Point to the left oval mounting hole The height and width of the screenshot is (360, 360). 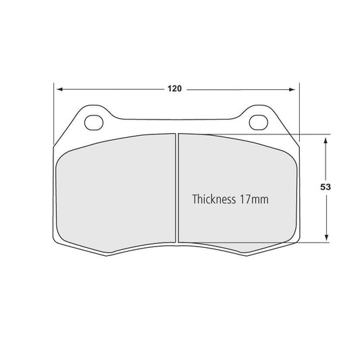coord(94,122)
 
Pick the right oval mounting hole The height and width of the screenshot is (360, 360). coord(259,122)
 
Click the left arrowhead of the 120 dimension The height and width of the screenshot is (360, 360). coord(59,88)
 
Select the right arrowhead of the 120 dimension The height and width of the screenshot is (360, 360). coord(294,88)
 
